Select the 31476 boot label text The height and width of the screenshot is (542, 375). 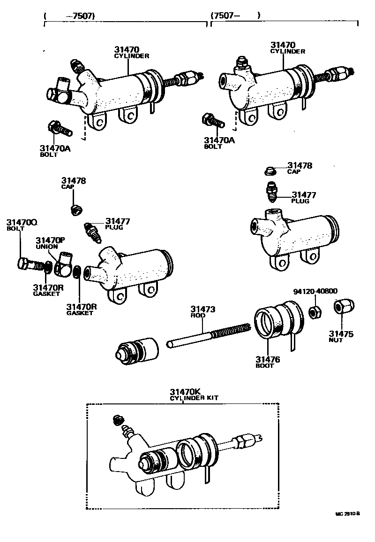point(268,362)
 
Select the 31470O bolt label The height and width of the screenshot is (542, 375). point(21,225)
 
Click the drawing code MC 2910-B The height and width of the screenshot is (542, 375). point(347,514)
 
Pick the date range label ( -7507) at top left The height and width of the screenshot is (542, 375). point(69,15)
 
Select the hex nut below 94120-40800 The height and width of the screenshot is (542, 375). point(315,311)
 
